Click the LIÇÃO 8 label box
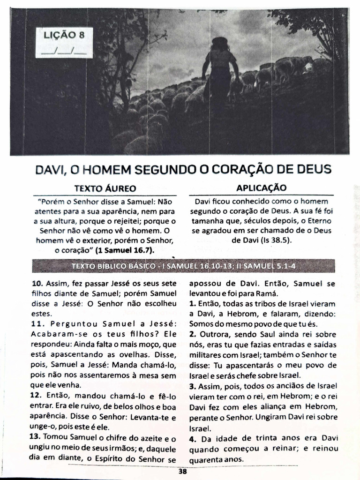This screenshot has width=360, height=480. [x=64, y=43]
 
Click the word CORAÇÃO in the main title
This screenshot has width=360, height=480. [x=239, y=169]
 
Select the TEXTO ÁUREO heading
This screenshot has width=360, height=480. [x=105, y=188]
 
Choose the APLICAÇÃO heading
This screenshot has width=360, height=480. [x=261, y=187]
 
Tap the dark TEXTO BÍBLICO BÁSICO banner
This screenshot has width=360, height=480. [x=183, y=266]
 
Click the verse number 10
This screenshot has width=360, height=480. [x=37, y=284]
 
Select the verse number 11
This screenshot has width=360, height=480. [x=37, y=324]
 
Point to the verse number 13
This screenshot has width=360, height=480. [x=37, y=438]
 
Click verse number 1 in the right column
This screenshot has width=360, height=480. [x=192, y=304]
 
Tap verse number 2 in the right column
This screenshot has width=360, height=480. [x=192, y=334]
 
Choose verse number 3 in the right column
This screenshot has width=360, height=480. [x=192, y=387]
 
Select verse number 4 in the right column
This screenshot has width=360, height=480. [x=192, y=439]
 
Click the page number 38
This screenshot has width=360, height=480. [x=183, y=472]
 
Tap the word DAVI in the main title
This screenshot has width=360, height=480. [x=51, y=169]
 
